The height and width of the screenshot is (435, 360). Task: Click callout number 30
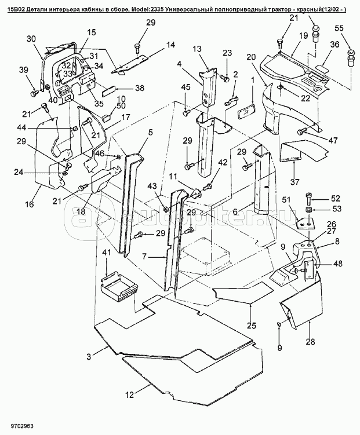click(31, 39)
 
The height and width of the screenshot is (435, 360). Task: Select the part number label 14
click(170, 45)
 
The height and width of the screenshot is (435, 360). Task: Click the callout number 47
click(332, 141)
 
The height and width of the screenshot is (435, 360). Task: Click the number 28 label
click(311, 341)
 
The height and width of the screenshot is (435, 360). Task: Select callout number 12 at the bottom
click(130, 394)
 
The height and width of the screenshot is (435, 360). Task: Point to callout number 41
click(106, 253)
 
